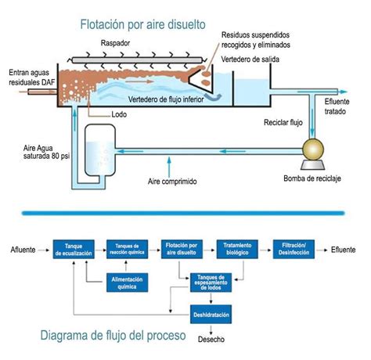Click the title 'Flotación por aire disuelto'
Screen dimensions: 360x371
(142, 24)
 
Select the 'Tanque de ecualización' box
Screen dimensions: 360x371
(74, 250)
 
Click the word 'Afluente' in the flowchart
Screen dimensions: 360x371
(23, 250)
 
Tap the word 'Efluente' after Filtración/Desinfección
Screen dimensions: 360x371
(343, 250)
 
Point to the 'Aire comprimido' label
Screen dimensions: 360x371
(172, 182)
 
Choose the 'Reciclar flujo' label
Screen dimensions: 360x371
(282, 123)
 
